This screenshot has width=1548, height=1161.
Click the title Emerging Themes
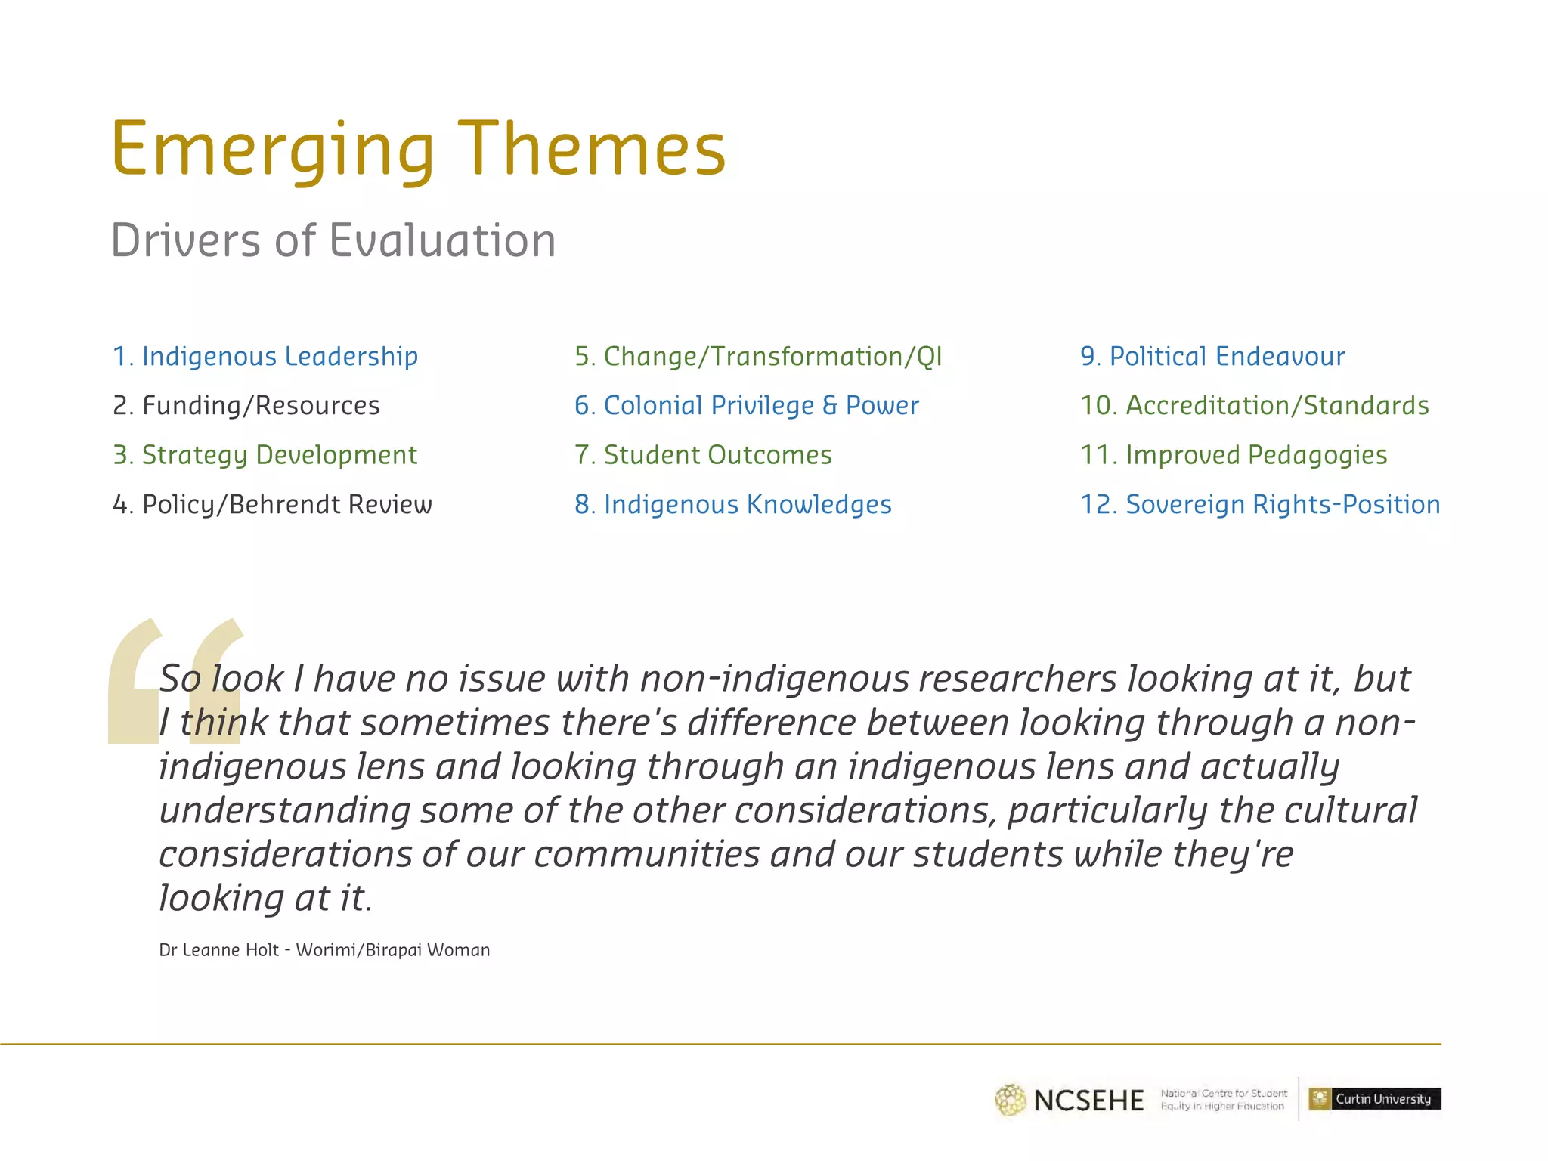point(418,150)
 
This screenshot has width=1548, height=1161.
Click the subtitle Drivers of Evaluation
point(333,241)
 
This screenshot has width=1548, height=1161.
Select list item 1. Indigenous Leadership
point(265,356)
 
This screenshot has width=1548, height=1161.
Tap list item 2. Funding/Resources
point(246,406)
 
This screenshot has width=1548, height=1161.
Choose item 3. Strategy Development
point(265,455)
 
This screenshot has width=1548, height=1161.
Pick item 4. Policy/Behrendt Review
point(272,504)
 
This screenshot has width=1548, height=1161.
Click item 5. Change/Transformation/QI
point(758,356)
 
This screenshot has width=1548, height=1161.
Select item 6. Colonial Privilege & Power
point(746,406)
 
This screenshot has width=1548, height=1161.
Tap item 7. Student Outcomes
point(703,455)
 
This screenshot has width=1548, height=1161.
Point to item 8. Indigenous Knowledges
point(733,504)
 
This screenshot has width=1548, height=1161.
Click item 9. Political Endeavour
point(1212,356)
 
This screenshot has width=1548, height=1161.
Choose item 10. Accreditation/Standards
point(1254,406)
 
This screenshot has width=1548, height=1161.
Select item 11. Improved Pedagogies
point(1234,455)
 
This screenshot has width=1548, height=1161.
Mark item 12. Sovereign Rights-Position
point(1260,504)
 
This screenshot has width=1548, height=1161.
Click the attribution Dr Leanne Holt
point(324,950)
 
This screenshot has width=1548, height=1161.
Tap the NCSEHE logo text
point(1088,1101)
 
